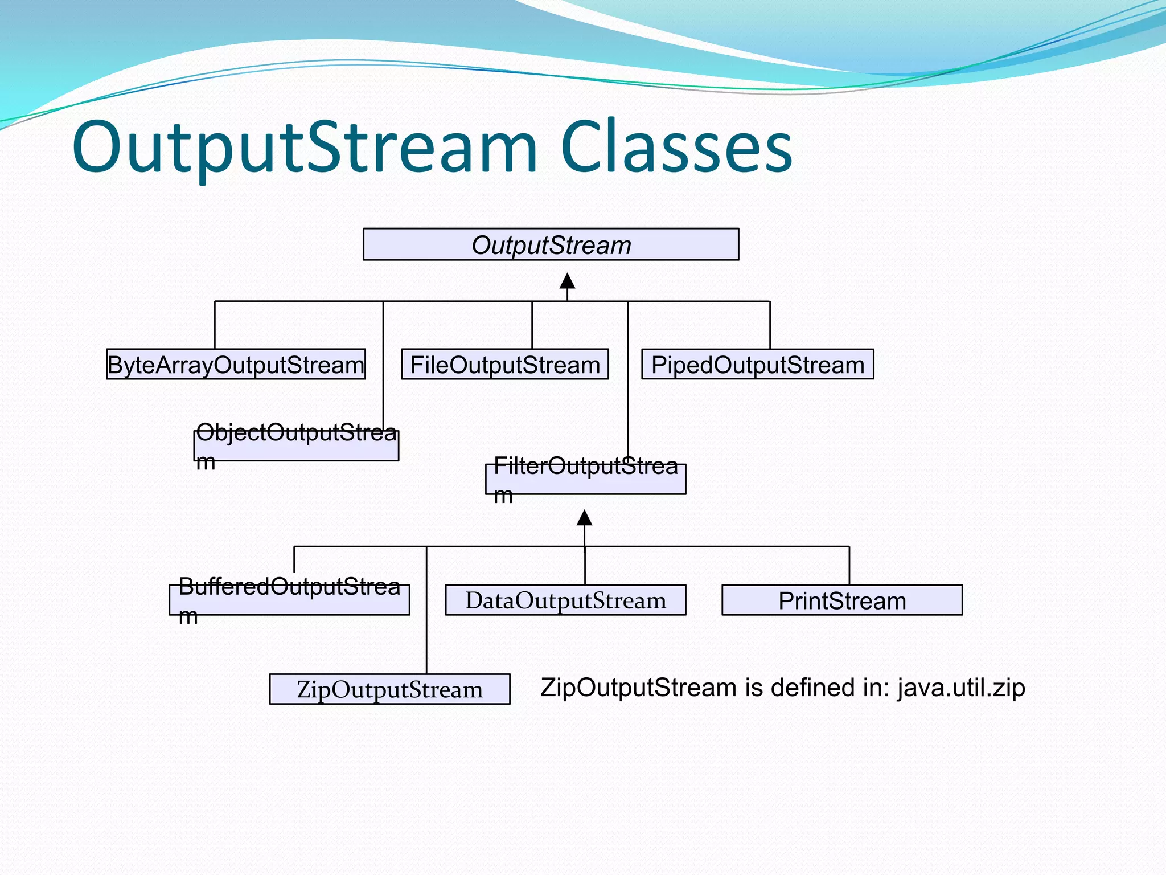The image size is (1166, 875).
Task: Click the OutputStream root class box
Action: pos(551,245)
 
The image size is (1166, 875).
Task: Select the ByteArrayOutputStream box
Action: pos(236,365)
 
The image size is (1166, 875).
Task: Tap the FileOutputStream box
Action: pos(504,365)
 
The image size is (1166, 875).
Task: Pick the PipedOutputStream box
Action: pos(757,365)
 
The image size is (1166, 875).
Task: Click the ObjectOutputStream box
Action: pos(296,446)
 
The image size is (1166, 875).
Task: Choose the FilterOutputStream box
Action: pos(585,480)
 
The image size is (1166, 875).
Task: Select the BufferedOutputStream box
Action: pos(289,600)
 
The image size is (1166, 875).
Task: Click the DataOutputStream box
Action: pos(565,600)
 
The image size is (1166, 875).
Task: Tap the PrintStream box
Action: pos(841,600)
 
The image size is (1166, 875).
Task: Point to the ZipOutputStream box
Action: pos(389,689)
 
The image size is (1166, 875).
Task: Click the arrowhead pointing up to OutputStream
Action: pos(567,281)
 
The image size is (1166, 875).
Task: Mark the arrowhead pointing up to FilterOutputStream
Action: pos(584,518)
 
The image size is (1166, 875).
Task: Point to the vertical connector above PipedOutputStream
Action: pos(770,325)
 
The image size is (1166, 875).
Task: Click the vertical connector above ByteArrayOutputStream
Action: pos(215,325)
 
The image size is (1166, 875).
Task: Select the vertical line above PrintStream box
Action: pos(849,566)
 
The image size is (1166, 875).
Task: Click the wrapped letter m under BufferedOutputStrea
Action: pos(188,616)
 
